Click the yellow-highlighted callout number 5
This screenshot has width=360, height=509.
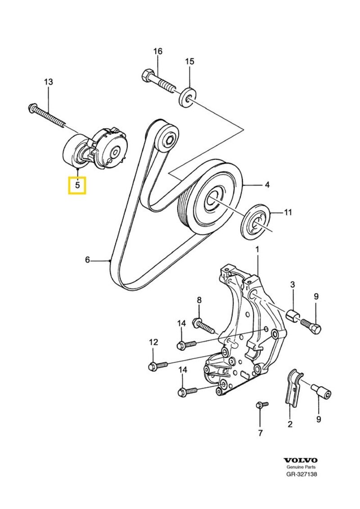77,184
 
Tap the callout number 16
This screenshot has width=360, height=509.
157,52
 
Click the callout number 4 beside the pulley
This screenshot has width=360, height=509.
267,184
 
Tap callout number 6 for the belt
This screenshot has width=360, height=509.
88,259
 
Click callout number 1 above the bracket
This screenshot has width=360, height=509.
257,249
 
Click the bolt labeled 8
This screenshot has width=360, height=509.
205,325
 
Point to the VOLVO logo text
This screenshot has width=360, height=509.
301,460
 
